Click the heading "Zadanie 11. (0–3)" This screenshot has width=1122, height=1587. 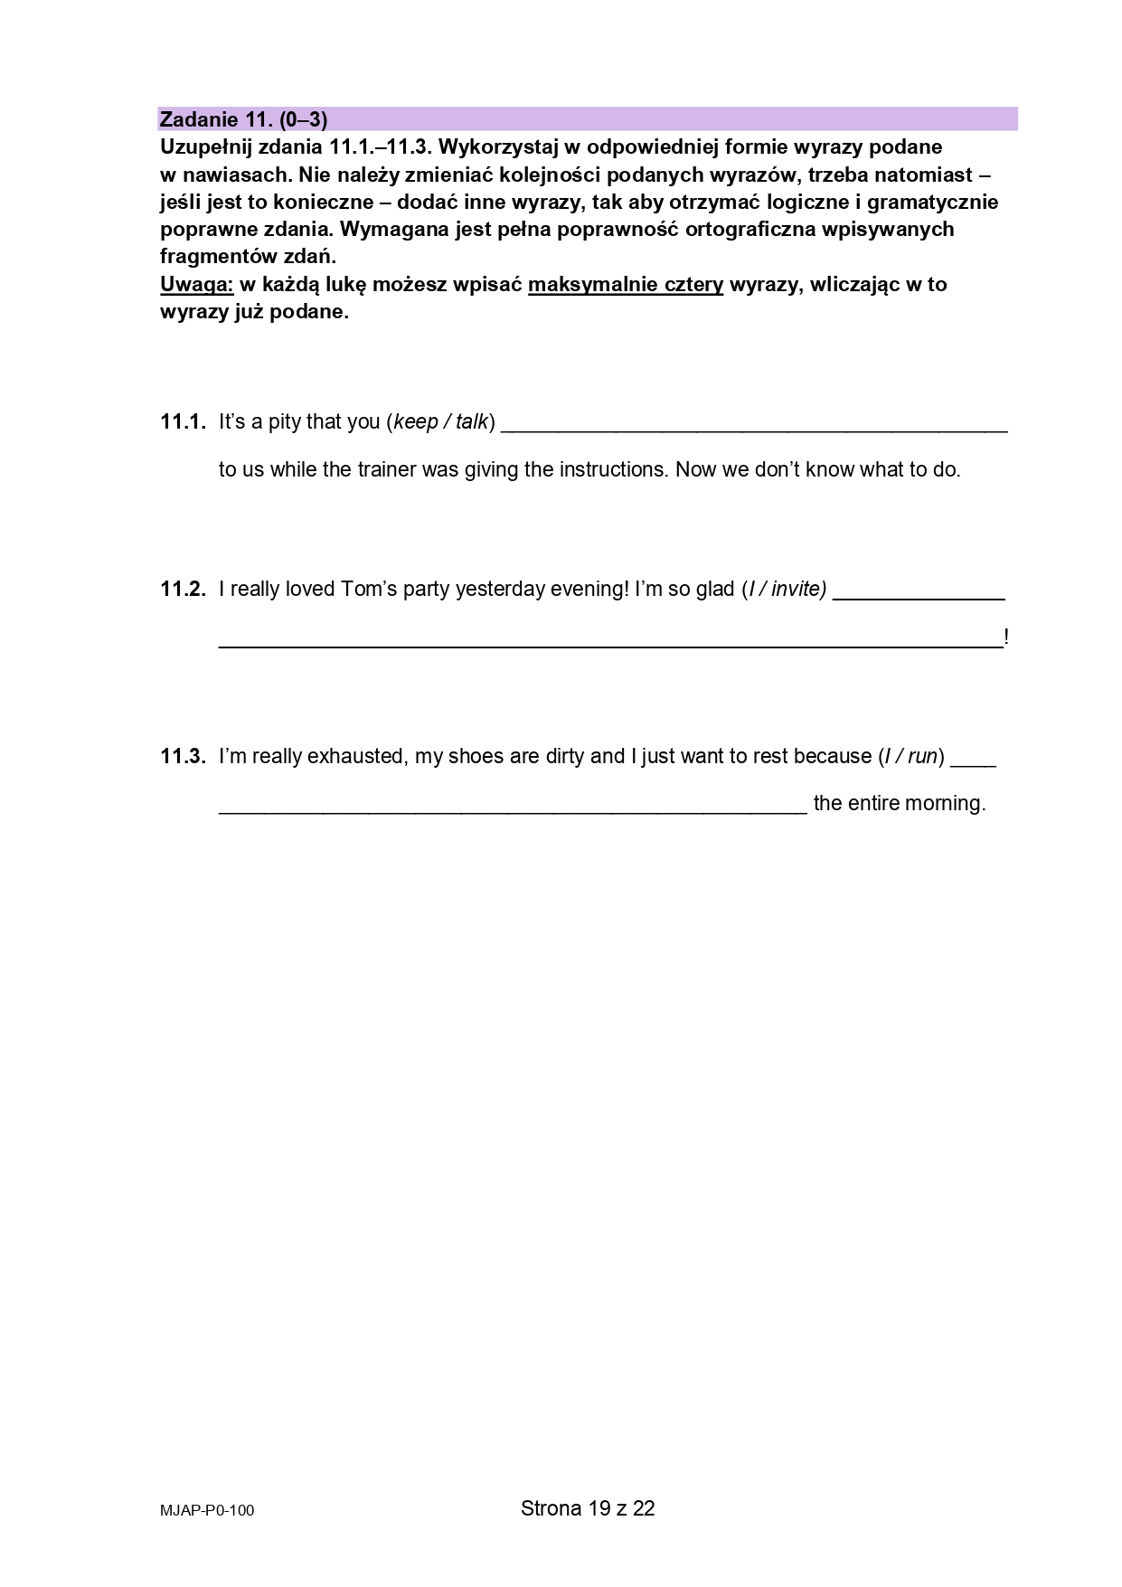coord(243,118)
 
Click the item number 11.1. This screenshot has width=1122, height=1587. coord(184,421)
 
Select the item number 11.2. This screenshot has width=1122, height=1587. coord(184,589)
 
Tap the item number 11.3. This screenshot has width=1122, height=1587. coord(184,756)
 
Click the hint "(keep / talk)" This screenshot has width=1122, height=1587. coord(440,421)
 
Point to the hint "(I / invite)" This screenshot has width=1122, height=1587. coord(783,589)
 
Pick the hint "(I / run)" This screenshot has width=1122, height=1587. coord(911,756)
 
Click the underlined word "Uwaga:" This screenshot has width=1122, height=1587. coord(197,284)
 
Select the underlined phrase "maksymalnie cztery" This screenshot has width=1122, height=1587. coord(626,284)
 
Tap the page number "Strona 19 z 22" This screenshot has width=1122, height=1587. coord(588,1507)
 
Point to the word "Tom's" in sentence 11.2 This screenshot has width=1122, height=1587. coord(369,589)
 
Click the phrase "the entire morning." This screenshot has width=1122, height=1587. coord(899,803)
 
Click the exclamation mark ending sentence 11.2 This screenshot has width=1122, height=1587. coord(1006,638)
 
